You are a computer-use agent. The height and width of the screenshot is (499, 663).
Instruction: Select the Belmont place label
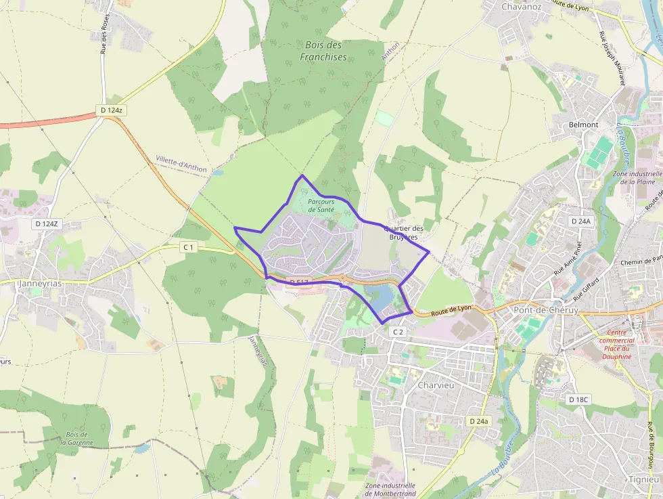[x=583, y=125]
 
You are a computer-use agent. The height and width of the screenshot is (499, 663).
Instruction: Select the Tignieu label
[x=643, y=479]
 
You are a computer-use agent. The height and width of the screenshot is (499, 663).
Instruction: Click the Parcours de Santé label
[x=321, y=206]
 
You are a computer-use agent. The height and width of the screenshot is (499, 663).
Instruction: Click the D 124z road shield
[x=112, y=110]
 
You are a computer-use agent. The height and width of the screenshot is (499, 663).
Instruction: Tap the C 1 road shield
[x=188, y=248]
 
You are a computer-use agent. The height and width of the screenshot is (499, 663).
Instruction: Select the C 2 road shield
[x=398, y=332]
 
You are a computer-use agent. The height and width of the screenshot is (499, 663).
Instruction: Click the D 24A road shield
[x=580, y=221]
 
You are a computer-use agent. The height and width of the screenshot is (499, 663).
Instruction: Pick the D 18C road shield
[x=579, y=399]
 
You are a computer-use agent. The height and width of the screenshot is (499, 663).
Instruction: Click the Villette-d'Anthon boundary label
[x=181, y=162]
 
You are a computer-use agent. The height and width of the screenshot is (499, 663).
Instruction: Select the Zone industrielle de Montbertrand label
[x=390, y=490]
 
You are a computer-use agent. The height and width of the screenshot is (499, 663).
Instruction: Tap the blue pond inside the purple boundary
[x=379, y=296]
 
